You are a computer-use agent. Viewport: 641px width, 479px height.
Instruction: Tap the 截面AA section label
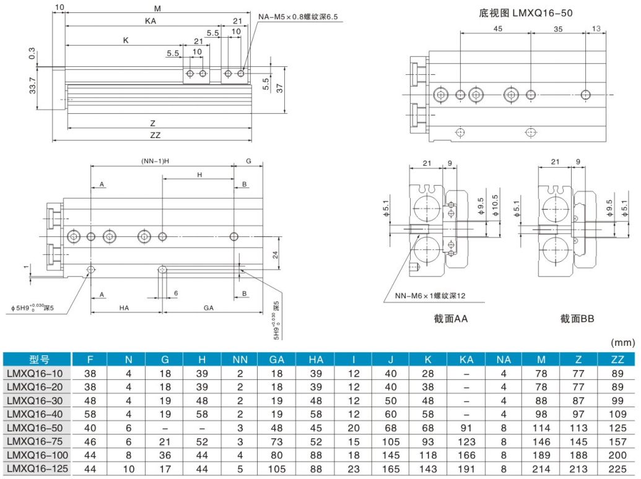pyautogui.click(x=450, y=319)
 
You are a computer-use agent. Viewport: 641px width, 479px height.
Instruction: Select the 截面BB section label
pyautogui.click(x=577, y=319)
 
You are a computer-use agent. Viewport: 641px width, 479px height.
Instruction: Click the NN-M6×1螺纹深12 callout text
pyautogui.click(x=430, y=296)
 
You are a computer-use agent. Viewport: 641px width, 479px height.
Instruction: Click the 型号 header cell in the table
pyautogui.click(x=38, y=359)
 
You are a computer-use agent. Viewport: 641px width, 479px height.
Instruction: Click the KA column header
pyautogui.click(x=467, y=359)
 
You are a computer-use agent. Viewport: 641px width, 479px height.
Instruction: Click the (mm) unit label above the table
pyautogui.click(x=624, y=342)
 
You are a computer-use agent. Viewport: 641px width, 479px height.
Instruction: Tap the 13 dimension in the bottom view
pyautogui.click(x=596, y=28)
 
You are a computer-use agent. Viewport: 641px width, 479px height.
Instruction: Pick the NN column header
pyautogui.click(x=240, y=359)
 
